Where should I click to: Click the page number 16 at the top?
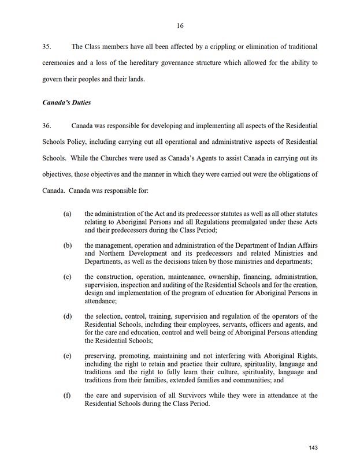click(180, 25)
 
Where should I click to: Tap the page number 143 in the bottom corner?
click(313, 448)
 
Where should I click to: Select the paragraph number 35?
click(48, 46)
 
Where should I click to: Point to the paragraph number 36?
click(48, 125)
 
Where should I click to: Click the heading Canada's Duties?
click(66, 103)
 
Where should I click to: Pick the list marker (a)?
click(67, 214)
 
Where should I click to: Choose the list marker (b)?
click(67, 245)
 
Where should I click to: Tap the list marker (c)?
click(67, 277)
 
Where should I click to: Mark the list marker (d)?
click(67, 316)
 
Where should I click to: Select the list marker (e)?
click(67, 356)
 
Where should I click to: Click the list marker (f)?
click(67, 396)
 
